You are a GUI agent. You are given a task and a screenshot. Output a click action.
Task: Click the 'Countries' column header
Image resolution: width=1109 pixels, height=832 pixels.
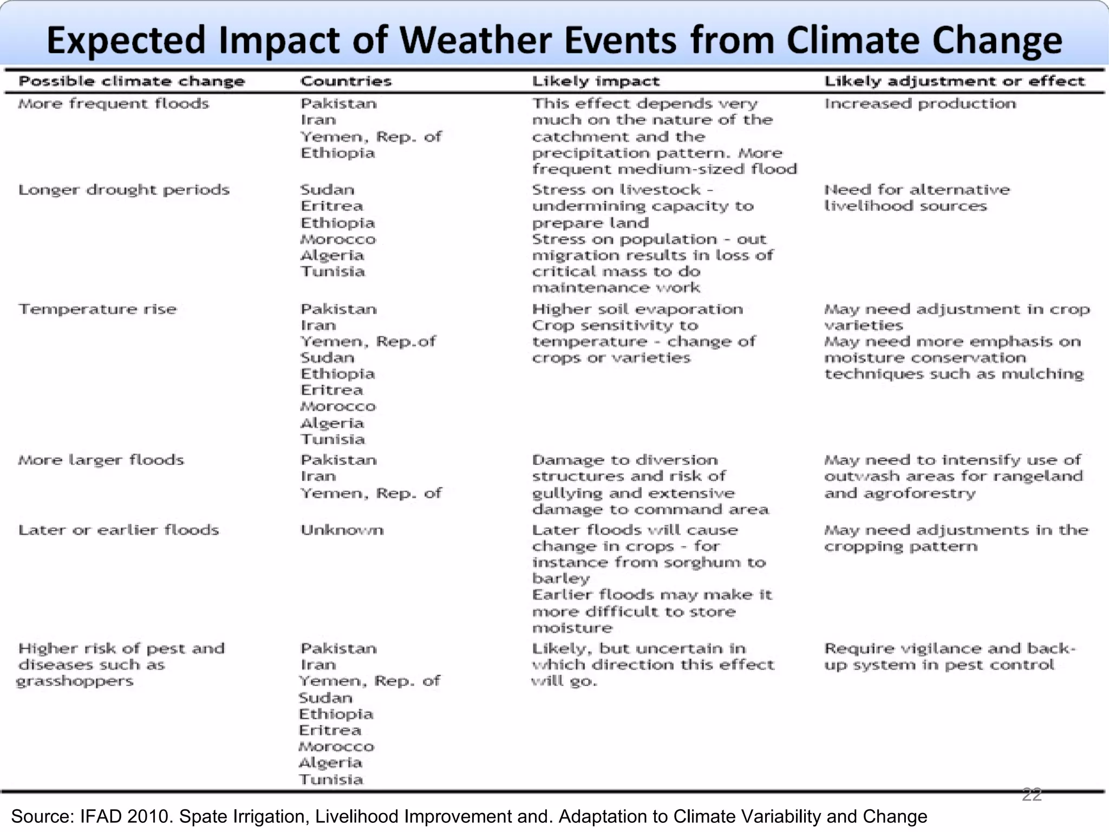click(x=346, y=81)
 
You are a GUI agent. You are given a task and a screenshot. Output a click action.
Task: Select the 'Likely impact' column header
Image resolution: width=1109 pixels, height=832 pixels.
click(x=596, y=81)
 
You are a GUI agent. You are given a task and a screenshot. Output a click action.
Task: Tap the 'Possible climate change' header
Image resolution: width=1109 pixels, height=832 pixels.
click(x=132, y=81)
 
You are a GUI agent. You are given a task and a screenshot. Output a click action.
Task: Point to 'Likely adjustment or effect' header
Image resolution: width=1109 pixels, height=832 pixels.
click(x=954, y=81)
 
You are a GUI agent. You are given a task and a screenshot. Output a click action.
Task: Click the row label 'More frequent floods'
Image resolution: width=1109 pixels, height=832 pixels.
click(x=114, y=103)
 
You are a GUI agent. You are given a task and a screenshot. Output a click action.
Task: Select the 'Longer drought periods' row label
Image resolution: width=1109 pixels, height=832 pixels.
click(x=124, y=190)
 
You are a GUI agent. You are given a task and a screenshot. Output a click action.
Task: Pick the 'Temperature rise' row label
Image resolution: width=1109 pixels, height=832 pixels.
click(x=97, y=309)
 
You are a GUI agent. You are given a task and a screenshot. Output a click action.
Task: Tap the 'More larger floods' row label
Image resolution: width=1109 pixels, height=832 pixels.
click(x=101, y=460)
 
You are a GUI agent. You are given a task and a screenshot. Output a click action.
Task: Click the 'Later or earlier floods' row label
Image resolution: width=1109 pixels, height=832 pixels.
click(x=119, y=530)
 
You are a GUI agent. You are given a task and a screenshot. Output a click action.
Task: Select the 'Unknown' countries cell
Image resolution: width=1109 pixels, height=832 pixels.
click(x=342, y=530)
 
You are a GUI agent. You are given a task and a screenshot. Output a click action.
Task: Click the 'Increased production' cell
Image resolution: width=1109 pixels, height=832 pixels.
click(x=920, y=103)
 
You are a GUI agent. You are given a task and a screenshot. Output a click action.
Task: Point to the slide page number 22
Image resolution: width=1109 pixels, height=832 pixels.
click(x=1032, y=795)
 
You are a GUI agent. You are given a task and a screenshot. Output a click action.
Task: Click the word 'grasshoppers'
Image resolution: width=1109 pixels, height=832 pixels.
click(x=75, y=681)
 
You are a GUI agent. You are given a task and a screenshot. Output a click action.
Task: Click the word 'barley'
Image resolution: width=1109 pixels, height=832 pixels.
click(x=560, y=579)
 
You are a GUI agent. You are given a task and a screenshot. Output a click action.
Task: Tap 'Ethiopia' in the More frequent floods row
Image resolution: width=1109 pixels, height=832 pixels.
click(x=337, y=153)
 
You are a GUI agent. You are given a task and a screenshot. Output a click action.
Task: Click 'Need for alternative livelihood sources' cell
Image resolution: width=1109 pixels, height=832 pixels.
click(x=916, y=198)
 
